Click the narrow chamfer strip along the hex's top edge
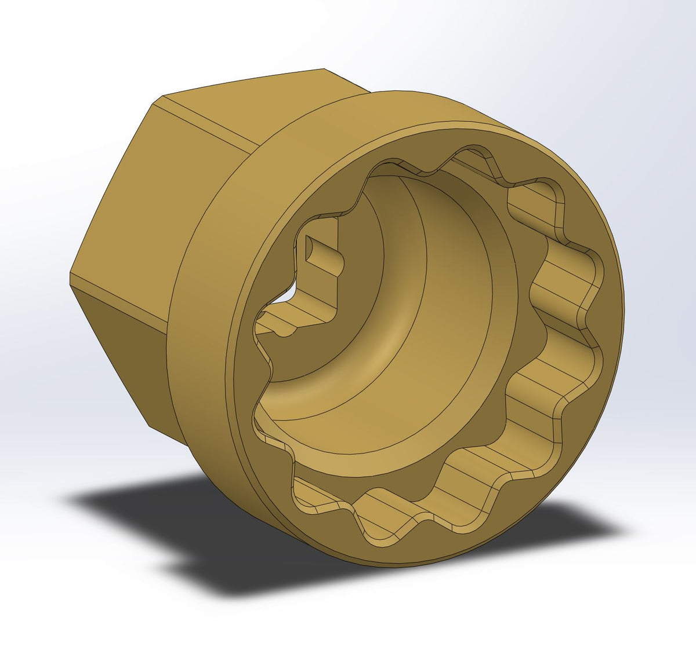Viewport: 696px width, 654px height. [x=203, y=125]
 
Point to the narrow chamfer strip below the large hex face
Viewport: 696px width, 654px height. [x=116, y=298]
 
